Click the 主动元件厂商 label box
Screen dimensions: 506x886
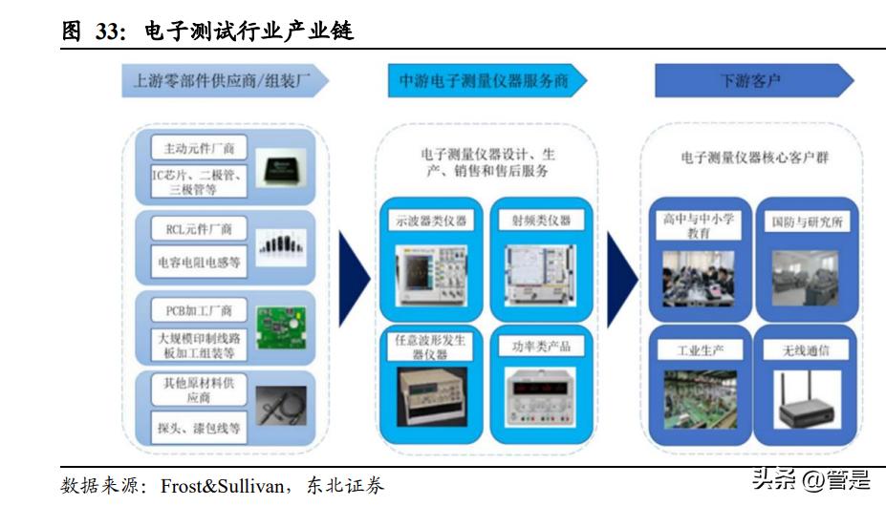pos(199,148)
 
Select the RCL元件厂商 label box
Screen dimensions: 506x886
pos(199,229)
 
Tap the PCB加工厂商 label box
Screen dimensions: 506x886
pos(199,310)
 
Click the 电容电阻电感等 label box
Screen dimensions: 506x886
pos(199,261)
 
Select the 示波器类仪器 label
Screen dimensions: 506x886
pos(431,220)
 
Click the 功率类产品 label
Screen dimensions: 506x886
pos(541,346)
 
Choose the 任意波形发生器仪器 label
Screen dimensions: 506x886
pos(431,347)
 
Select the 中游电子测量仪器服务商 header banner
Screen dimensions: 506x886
pos(484,80)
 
